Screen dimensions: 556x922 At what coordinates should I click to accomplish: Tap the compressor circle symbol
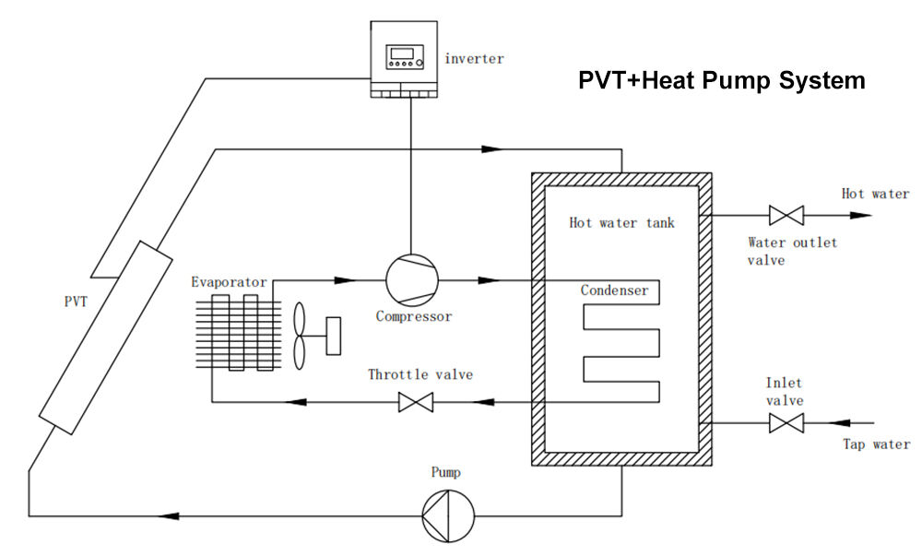tap(411, 279)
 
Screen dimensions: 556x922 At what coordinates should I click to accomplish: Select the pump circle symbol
tap(447, 515)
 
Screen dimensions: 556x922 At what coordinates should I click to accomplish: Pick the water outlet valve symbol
tap(786, 216)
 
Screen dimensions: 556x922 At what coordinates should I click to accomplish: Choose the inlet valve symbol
tap(786, 423)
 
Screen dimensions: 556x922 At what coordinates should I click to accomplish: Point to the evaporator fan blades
tap(301, 336)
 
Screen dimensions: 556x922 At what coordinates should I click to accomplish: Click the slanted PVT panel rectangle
tap(107, 337)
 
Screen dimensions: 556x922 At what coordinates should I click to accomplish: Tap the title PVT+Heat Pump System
tap(721, 80)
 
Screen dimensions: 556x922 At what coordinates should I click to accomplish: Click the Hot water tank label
tap(621, 222)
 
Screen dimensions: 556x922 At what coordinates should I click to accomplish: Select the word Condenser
tap(614, 290)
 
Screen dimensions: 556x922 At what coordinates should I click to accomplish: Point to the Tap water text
tap(876, 444)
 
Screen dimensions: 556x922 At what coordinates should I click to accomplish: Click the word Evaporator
tap(229, 282)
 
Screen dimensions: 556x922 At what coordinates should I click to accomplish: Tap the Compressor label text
tap(414, 316)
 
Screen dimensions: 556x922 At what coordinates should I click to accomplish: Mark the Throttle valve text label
tap(420, 374)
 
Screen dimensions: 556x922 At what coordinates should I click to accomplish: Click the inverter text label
tap(475, 59)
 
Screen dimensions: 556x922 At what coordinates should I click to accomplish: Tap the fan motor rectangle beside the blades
tap(333, 336)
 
